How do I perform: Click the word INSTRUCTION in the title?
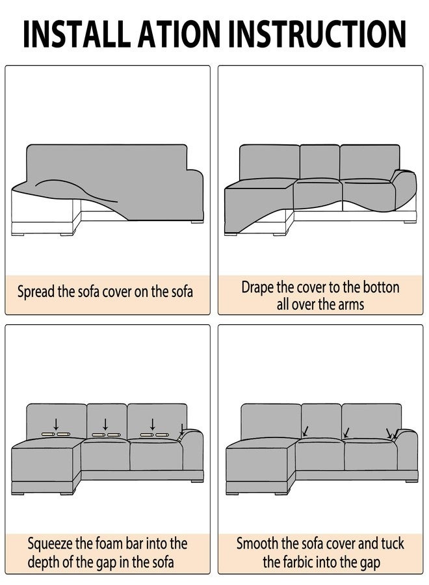pyautogui.click(x=317, y=34)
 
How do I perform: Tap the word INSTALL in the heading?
pyautogui.click(x=75, y=34)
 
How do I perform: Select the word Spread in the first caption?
pyautogui.click(x=36, y=292)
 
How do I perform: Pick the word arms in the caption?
pyautogui.click(x=351, y=304)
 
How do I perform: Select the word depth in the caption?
pyautogui.click(x=44, y=562)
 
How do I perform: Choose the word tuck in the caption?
pyautogui.click(x=392, y=543)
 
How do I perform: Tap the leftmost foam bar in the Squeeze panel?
pyautogui.click(x=49, y=434)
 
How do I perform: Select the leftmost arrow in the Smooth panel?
pyautogui.click(x=306, y=432)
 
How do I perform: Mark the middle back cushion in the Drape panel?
pyautogui.click(x=320, y=162)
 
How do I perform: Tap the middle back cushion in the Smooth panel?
pyautogui.click(x=321, y=421)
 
